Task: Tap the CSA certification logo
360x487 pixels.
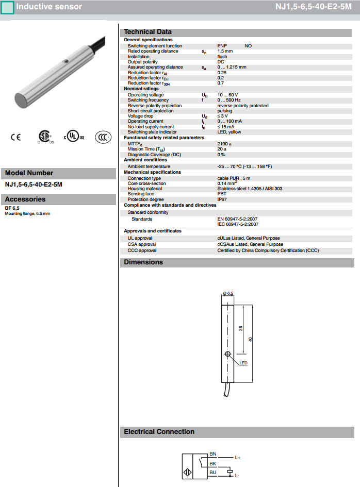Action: (x=45, y=137)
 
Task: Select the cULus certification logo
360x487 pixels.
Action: (x=73, y=137)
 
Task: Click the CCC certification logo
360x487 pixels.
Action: (x=103, y=137)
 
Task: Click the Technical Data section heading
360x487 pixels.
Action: (x=148, y=32)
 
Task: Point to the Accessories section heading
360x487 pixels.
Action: (x=25, y=199)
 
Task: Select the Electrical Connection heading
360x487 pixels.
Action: (x=159, y=432)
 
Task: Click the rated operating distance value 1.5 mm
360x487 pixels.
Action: (x=225, y=52)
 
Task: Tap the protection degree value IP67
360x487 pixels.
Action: (x=222, y=199)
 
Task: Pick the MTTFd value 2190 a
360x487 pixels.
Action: (x=224, y=144)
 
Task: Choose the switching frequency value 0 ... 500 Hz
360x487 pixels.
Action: (x=229, y=100)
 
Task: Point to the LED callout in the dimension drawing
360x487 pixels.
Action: (x=244, y=364)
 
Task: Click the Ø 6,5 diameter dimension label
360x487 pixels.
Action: (x=228, y=293)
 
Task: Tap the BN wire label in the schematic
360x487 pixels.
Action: (x=212, y=454)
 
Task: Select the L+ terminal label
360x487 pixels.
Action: (x=238, y=458)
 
